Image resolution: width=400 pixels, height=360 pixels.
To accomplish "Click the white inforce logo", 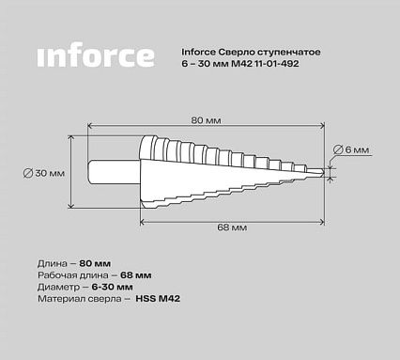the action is [x=96, y=55].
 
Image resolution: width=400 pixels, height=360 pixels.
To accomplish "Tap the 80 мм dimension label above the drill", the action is [x=206, y=120].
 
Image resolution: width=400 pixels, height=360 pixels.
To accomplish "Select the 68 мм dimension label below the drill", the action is [x=232, y=227].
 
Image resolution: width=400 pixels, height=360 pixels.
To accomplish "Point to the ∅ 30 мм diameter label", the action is [x=44, y=173].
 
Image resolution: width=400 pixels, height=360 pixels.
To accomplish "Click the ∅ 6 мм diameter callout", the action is [x=351, y=149].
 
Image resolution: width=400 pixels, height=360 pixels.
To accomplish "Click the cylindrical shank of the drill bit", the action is [x=115, y=172].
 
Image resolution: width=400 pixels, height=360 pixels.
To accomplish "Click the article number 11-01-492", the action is [x=276, y=64].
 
